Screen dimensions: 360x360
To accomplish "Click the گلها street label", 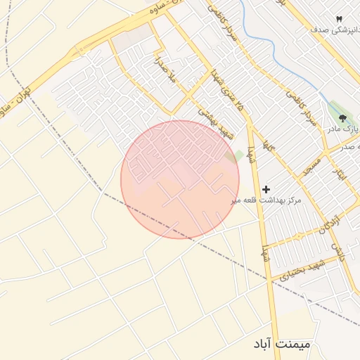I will click(x=267, y=146).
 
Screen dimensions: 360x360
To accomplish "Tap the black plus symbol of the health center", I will click(x=266, y=189).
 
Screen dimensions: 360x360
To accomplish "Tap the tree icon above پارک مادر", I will click(x=342, y=118).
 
